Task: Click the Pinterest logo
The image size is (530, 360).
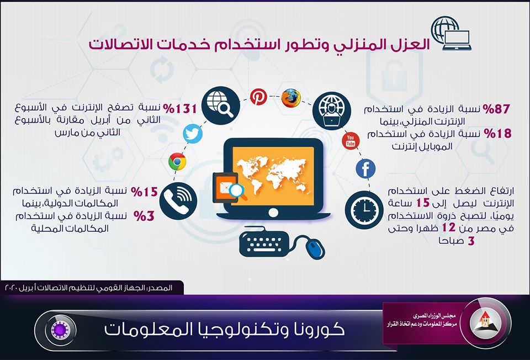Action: click(258, 97)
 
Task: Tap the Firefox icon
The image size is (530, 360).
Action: click(291, 98)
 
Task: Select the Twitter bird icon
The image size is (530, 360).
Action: click(193, 134)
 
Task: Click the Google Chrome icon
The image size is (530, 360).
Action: click(177, 162)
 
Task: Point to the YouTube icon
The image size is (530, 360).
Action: click(351, 141)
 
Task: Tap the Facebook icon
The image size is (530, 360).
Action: click(365, 168)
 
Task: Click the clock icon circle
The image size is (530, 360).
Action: click(364, 210)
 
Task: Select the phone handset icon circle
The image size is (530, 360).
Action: click(178, 201)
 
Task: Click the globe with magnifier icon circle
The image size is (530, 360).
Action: click(221, 105)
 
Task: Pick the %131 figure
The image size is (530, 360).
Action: click(180, 109)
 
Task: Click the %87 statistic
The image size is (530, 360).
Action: click(496, 109)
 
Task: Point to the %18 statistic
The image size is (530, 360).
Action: click(497, 133)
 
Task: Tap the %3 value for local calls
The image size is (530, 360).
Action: click(144, 216)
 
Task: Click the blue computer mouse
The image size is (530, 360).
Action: click(315, 247)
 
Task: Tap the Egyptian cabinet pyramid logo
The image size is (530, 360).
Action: click(486, 320)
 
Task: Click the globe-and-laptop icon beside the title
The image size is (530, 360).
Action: click(451, 34)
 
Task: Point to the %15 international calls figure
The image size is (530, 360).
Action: click(144, 192)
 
